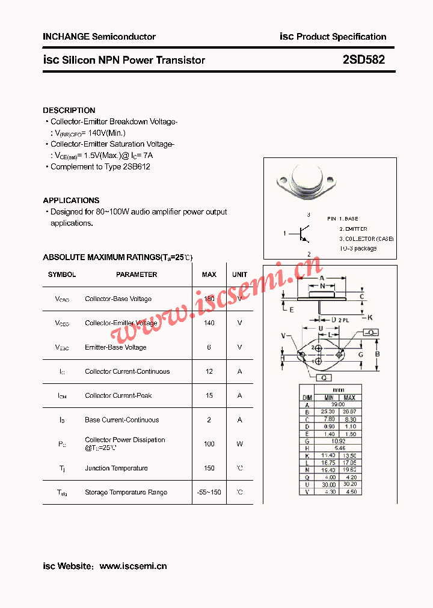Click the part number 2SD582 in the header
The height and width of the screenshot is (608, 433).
pos(364,60)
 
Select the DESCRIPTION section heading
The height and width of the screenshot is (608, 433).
pos(69,111)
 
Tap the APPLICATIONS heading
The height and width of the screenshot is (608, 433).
pos(71,201)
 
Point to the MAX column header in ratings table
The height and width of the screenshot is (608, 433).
pos(209,275)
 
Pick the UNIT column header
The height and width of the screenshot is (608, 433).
pos(239,275)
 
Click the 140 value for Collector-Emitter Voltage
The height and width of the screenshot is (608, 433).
pos(209,323)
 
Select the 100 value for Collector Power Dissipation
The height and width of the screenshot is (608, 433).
pos(209,444)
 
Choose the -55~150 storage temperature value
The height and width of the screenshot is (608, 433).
pos(209,493)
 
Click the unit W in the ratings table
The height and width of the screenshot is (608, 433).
pos(239,444)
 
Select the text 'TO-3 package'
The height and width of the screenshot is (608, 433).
pos(358,248)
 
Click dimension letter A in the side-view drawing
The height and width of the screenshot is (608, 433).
pos(322,278)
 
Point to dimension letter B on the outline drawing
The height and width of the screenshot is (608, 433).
pos(378,354)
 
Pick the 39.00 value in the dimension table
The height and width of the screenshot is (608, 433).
pos(338,404)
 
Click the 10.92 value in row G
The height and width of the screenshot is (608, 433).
pos(338,440)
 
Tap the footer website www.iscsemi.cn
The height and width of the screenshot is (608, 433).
pos(133,566)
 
